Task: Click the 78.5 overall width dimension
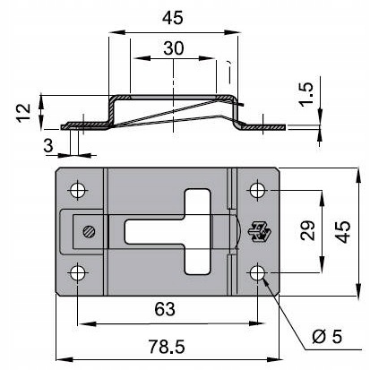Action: point(167,347)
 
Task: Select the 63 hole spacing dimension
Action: point(165,309)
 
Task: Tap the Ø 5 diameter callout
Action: point(327,337)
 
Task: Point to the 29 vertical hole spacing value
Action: point(308,230)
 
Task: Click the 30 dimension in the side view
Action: point(174,48)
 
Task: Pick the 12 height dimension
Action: point(23,112)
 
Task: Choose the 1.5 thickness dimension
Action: point(306,93)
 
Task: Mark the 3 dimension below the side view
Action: point(48,145)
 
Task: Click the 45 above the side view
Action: point(172,18)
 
